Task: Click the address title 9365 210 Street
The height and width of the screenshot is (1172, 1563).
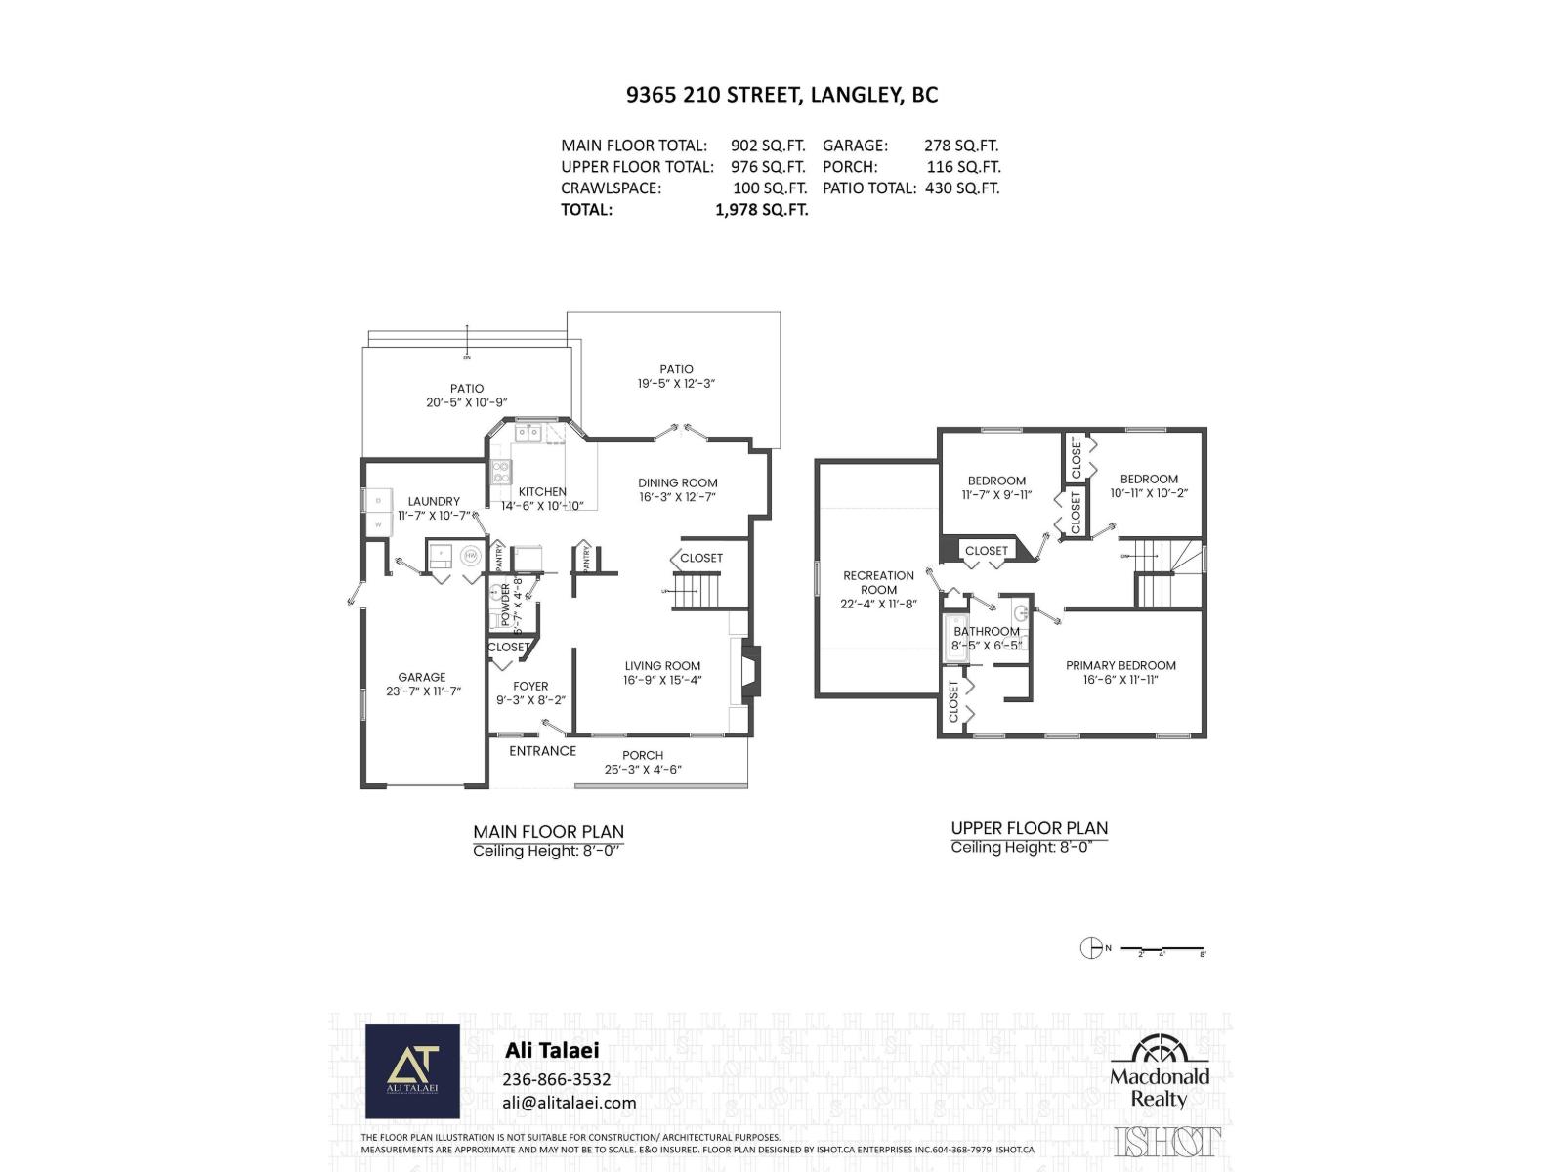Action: pyautogui.click(x=781, y=95)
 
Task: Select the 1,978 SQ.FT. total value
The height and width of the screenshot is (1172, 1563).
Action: pyautogui.click(x=761, y=209)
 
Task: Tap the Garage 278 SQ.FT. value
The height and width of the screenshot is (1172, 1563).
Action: pyautogui.click(x=961, y=146)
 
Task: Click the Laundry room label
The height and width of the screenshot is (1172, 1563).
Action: pyautogui.click(x=434, y=501)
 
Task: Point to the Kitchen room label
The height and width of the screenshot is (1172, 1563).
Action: pyautogui.click(x=542, y=491)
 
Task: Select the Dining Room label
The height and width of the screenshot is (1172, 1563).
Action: pyautogui.click(x=677, y=482)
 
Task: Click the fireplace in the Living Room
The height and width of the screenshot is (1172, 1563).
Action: pyautogui.click(x=748, y=672)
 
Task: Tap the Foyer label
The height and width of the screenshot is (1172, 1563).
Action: pyautogui.click(x=530, y=686)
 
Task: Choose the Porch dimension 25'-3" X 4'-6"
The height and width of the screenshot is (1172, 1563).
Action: pyautogui.click(x=642, y=770)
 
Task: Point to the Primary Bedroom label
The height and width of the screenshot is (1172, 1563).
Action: pyautogui.click(x=1120, y=665)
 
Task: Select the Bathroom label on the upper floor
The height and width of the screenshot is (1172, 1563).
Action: pyautogui.click(x=987, y=631)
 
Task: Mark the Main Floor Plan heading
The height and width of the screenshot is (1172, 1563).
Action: pyautogui.click(x=548, y=832)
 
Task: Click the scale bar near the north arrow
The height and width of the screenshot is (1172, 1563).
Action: pyautogui.click(x=1162, y=948)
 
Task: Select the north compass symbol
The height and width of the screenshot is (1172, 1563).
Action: pyautogui.click(x=1090, y=947)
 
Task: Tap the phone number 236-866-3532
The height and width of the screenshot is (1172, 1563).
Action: pyautogui.click(x=557, y=1079)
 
